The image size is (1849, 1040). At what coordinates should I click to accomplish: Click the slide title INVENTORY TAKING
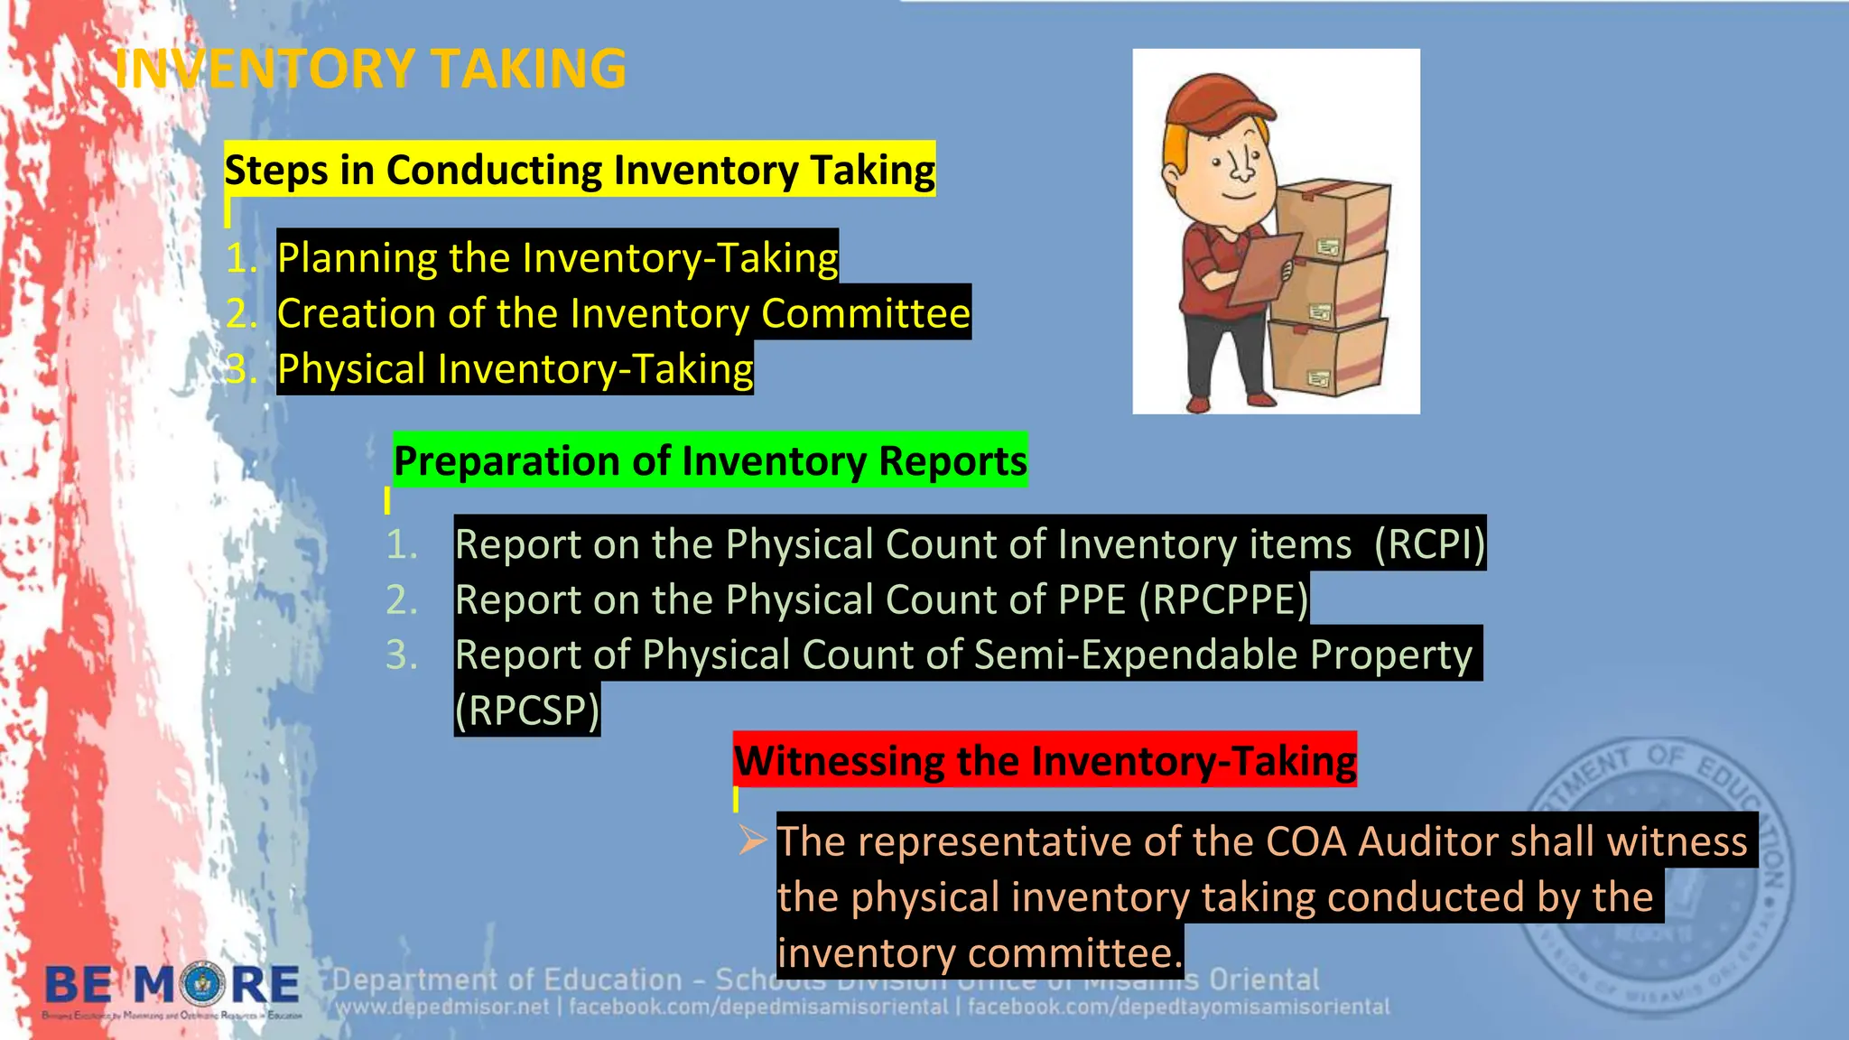370,69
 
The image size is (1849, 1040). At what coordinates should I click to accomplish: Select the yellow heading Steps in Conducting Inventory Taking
580,170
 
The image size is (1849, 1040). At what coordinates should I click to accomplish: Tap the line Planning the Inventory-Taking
557,257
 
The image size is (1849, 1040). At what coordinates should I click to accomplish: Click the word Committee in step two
865,313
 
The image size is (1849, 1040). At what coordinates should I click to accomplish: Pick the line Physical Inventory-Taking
515,369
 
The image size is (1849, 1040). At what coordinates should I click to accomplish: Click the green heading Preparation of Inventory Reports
710,460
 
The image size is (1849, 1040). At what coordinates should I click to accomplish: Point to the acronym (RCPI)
1428,543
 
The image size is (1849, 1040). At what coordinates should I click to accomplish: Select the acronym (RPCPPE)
1223,599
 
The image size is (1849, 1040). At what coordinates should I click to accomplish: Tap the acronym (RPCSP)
526,710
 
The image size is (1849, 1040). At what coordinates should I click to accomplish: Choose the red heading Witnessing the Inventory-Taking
1045,760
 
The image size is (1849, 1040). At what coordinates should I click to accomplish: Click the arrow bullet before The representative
752,840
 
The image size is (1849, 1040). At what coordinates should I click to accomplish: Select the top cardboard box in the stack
1333,222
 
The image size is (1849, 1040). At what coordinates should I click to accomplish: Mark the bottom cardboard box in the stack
1327,358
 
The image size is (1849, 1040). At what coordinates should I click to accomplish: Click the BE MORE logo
172,987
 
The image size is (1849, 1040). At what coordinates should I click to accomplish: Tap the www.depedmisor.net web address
441,1007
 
